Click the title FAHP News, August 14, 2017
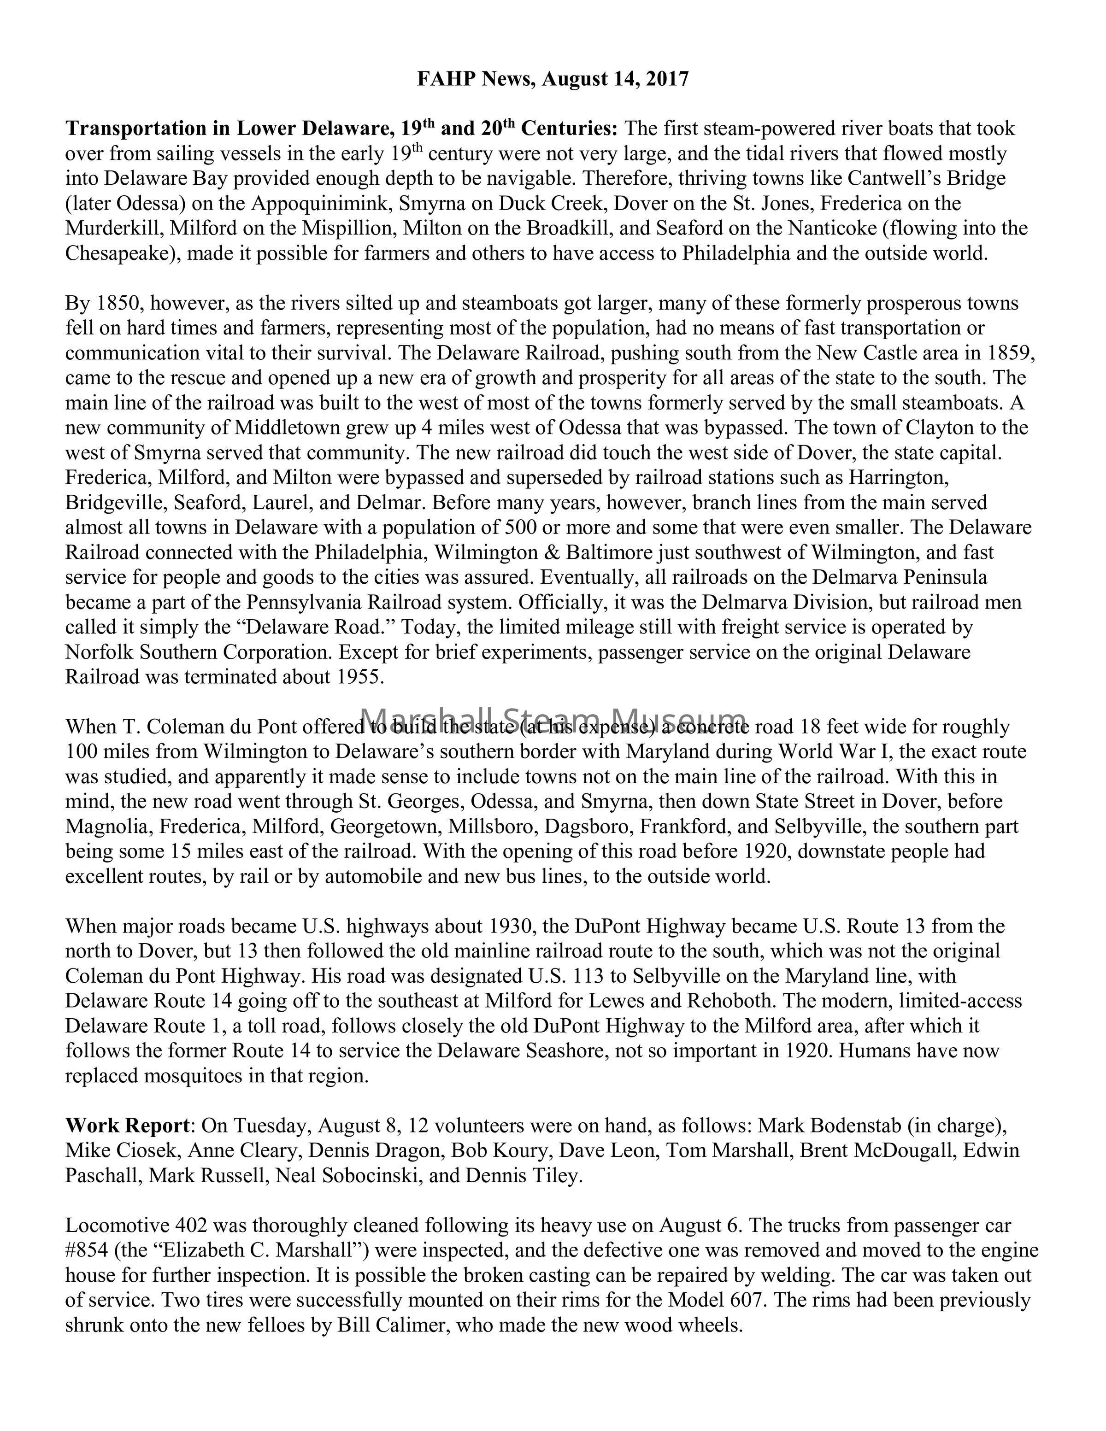pos(553,79)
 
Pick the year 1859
pos(1008,353)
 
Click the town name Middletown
pos(288,428)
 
